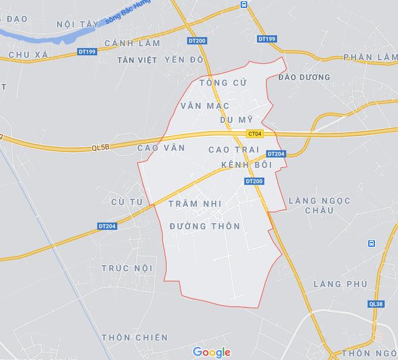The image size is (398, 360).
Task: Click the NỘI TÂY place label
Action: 77,24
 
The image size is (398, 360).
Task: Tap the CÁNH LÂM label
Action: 132,43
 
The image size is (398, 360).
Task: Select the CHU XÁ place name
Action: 28,55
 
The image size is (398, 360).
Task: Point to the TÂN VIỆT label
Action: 137,60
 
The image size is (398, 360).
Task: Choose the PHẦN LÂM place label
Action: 369,57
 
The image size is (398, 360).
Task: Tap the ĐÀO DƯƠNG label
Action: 304,77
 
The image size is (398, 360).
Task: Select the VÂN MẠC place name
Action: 205,105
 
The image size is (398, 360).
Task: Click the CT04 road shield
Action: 255,134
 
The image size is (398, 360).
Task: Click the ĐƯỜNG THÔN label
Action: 205,226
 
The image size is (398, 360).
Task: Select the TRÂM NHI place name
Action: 195,203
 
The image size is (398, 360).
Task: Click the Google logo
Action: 211,352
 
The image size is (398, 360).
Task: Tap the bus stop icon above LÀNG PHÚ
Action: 371,244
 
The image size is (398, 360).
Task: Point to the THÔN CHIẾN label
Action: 135,337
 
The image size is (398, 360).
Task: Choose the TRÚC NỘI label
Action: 127,268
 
